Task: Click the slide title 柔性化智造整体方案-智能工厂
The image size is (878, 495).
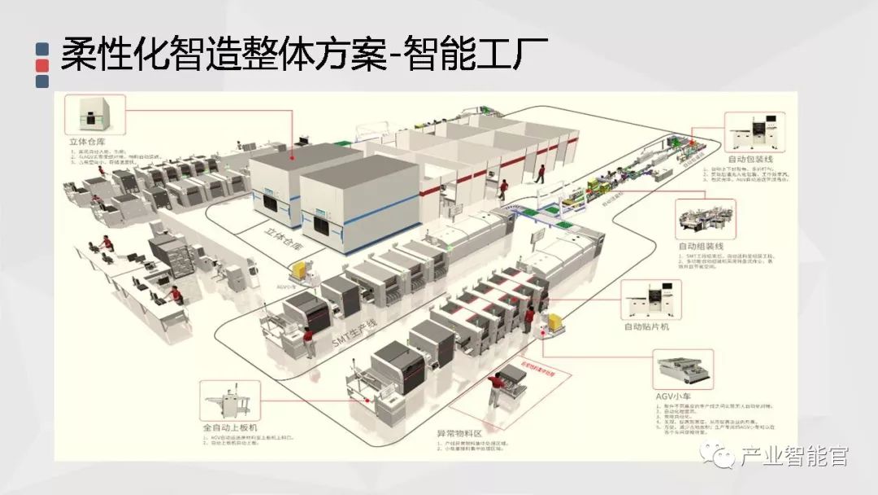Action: (x=304, y=56)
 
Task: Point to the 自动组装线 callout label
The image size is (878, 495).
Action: (x=700, y=245)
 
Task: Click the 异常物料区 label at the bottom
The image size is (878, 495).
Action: (x=461, y=434)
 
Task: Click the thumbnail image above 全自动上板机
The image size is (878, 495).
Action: (x=231, y=399)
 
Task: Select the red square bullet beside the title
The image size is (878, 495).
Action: (x=43, y=65)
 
